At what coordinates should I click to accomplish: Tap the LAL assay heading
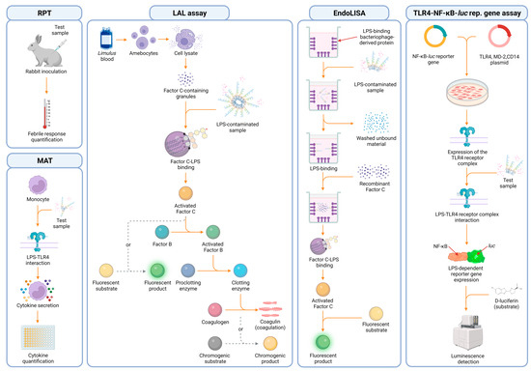click(x=188, y=14)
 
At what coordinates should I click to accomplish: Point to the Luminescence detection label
click(x=468, y=355)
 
